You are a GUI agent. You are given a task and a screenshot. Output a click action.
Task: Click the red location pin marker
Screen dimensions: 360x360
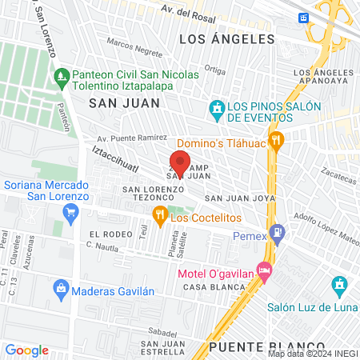coord(181,161)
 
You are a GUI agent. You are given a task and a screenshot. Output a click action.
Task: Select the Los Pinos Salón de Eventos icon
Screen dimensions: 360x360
coord(216,108)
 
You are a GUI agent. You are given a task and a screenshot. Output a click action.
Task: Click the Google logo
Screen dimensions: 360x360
coord(26,350)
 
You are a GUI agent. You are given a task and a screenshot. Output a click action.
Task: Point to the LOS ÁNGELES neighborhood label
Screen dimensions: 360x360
coord(226,38)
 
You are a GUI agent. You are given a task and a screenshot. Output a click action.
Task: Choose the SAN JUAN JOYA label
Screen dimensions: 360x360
coord(240,198)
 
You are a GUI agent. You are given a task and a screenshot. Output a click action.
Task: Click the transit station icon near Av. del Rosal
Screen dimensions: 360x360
coord(303,18)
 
